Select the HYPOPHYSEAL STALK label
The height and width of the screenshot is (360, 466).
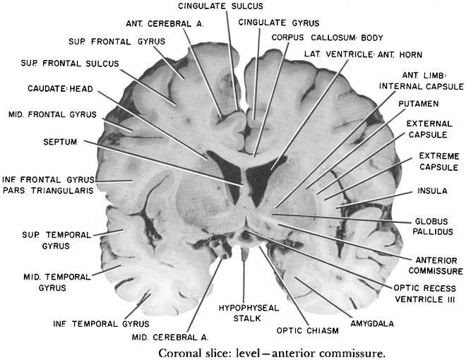click(x=243, y=312)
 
